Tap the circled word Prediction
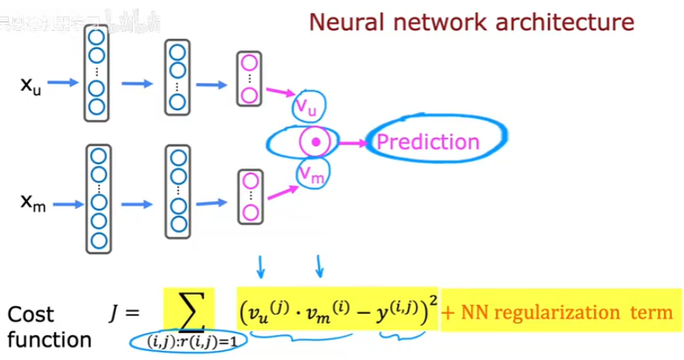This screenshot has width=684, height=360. [428, 143]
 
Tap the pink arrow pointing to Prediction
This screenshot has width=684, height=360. [350, 144]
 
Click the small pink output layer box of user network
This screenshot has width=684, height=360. [250, 79]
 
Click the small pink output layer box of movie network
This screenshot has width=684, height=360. [250, 196]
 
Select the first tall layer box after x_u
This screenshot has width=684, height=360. [96, 73]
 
